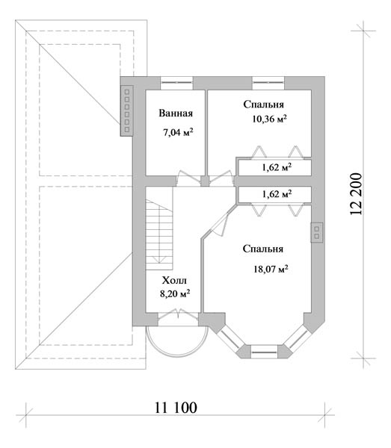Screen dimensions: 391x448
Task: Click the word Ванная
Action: (176, 113)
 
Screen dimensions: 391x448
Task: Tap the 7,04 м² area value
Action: (178, 132)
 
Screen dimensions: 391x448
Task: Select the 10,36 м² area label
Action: (269, 119)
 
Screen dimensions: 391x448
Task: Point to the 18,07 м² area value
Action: (271, 269)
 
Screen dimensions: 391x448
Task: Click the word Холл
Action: (174, 280)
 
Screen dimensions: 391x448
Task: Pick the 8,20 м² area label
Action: (175, 293)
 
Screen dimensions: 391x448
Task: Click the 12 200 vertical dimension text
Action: (356, 194)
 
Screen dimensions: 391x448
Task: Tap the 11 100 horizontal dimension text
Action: (176, 408)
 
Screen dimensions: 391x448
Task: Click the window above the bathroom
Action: (176, 83)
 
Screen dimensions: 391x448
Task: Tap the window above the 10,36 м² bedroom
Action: (268, 83)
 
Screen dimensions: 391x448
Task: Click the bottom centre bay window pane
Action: (264, 352)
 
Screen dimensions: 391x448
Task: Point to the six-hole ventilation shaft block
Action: (126, 111)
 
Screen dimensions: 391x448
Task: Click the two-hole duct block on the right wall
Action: (317, 232)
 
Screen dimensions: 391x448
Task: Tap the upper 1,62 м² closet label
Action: (277, 167)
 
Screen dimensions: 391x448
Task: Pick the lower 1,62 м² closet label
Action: (277, 194)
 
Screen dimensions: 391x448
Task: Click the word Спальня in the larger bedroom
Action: (263, 249)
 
